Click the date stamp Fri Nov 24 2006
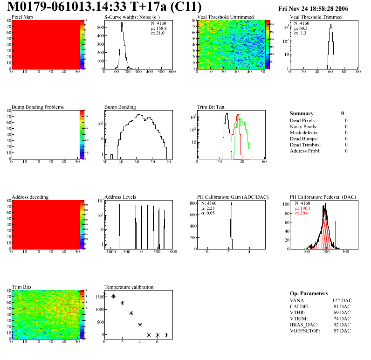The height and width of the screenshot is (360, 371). pos(313,8)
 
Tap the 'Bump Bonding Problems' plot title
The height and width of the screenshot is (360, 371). pos(38,107)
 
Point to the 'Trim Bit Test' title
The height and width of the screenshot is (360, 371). pos(211,107)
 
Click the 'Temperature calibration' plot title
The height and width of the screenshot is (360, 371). pos(129,287)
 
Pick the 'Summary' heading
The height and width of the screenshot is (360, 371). pos(302,113)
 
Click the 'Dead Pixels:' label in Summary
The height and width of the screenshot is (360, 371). pos(303,121)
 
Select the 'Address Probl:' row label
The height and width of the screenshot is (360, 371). pos(305,151)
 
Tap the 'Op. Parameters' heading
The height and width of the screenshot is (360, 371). pos(309,293)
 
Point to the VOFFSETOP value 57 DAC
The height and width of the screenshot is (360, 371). pos(343,331)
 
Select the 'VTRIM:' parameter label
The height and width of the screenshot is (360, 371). pos(299,318)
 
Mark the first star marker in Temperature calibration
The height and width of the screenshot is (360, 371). pos(104,294)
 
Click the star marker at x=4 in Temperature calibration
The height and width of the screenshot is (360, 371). pos(140,325)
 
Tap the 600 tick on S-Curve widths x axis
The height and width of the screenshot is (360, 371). pos(172,72)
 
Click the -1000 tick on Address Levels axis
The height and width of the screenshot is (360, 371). pos(110,252)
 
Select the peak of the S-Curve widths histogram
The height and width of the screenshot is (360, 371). pos(122,24)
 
